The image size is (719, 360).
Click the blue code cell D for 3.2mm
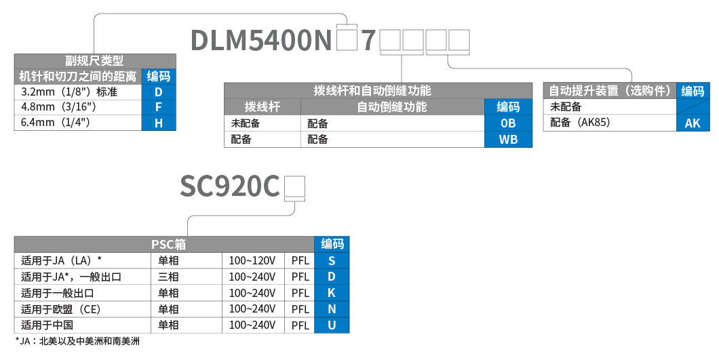tap(159, 92)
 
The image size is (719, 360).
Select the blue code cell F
tap(159, 107)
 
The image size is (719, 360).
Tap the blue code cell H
tap(159, 123)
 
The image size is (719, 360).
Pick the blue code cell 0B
tap(508, 123)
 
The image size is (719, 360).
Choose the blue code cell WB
tap(508, 140)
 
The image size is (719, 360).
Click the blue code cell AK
tap(693, 123)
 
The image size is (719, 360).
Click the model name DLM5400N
tap(260, 41)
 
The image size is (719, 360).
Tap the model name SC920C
tap(230, 186)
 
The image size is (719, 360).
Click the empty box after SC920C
tap(295, 186)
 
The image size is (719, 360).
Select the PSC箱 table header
tap(163, 244)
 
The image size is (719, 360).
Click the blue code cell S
tap(332, 260)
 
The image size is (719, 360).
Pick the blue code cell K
tap(332, 293)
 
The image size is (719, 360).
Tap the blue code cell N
tap(332, 309)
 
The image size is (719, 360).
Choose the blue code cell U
tap(332, 325)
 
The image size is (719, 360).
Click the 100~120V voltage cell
tap(252, 260)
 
